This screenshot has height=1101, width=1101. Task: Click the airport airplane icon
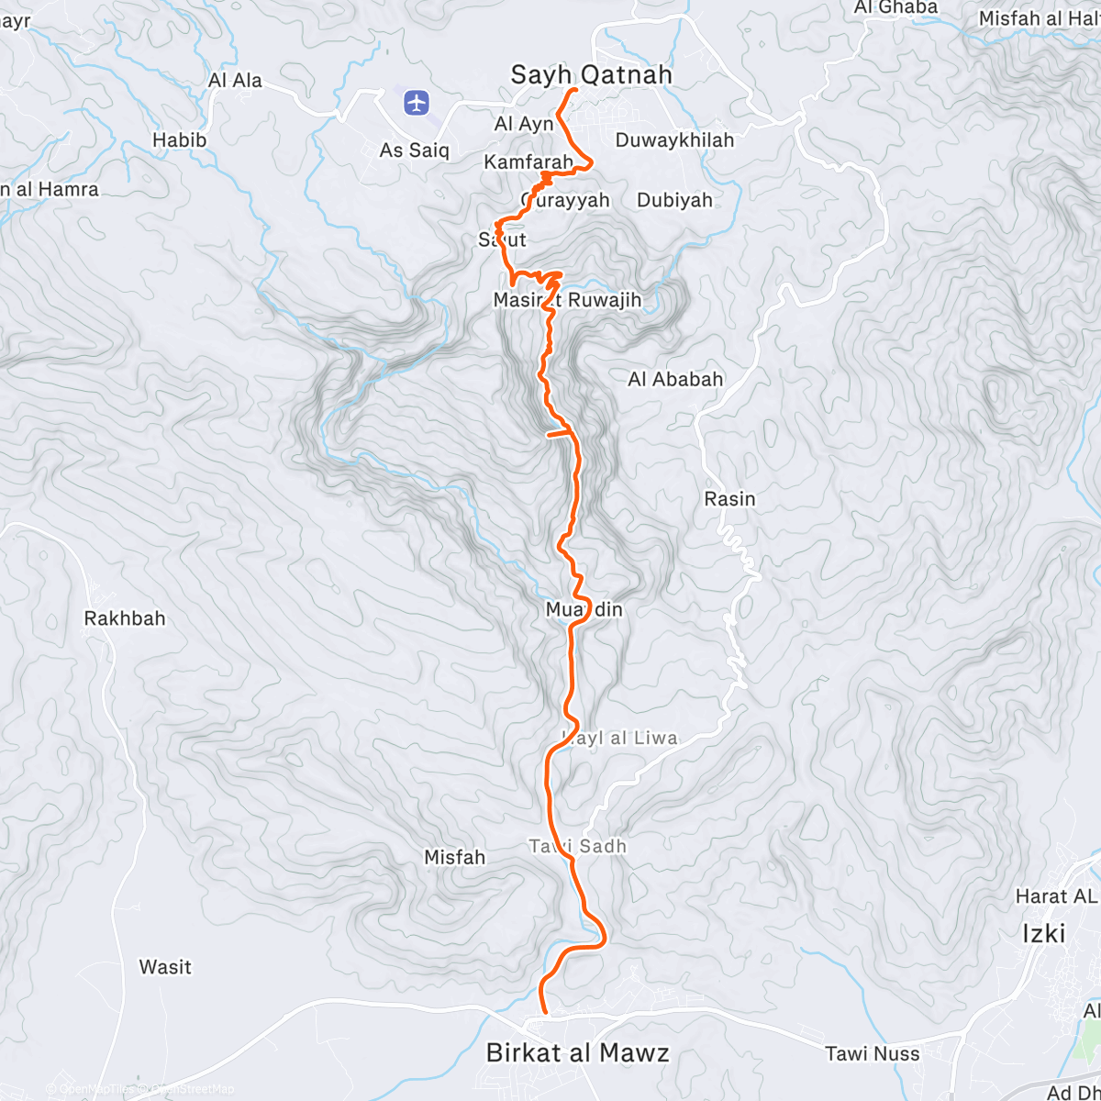click(417, 103)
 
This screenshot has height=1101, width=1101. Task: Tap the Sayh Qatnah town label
click(591, 74)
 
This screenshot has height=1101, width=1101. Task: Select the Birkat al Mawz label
click(577, 1052)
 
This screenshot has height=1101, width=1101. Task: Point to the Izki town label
click(1044, 934)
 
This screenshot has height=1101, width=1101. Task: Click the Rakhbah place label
click(125, 618)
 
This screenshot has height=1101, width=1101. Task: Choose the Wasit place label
click(165, 967)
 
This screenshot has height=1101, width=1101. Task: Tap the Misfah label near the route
click(454, 857)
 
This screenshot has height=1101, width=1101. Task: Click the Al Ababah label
click(675, 379)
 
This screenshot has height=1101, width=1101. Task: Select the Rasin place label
click(729, 499)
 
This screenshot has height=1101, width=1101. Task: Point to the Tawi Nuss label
click(872, 1054)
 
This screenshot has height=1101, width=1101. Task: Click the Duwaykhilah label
click(674, 140)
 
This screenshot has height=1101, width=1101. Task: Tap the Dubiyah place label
click(674, 200)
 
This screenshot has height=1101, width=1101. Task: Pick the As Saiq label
click(415, 150)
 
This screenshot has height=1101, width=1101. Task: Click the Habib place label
click(179, 140)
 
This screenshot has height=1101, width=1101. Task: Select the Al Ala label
click(235, 81)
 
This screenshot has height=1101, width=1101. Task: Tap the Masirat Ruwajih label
click(567, 300)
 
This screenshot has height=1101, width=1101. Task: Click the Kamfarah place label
click(528, 162)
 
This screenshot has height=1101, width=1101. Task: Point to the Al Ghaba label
click(895, 7)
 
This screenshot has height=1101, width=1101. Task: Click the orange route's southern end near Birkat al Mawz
click(545, 1012)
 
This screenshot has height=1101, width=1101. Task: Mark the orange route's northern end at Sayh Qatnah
click(575, 90)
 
